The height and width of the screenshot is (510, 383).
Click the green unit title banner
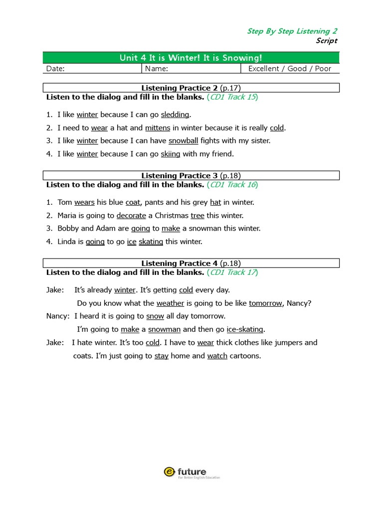click(x=191, y=57)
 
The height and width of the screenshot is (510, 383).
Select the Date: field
click(x=93, y=69)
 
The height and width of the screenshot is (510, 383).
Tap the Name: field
click(x=191, y=69)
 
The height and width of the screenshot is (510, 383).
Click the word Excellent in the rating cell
click(x=263, y=69)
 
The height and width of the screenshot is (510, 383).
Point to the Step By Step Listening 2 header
click(x=292, y=31)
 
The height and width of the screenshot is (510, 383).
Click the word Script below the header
click(x=326, y=41)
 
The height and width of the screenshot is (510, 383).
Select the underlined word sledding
click(x=175, y=115)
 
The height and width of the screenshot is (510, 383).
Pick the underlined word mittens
click(x=158, y=128)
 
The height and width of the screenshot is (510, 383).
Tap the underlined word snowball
click(x=183, y=141)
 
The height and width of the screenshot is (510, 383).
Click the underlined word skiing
click(x=171, y=154)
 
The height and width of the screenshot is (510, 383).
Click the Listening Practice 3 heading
click(x=191, y=175)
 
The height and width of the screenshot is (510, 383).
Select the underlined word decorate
click(x=131, y=216)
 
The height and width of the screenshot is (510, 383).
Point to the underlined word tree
click(x=197, y=216)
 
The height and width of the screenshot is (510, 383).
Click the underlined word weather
click(x=170, y=303)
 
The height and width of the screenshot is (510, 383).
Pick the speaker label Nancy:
click(x=58, y=316)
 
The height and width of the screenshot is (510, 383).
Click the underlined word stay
click(x=161, y=356)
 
